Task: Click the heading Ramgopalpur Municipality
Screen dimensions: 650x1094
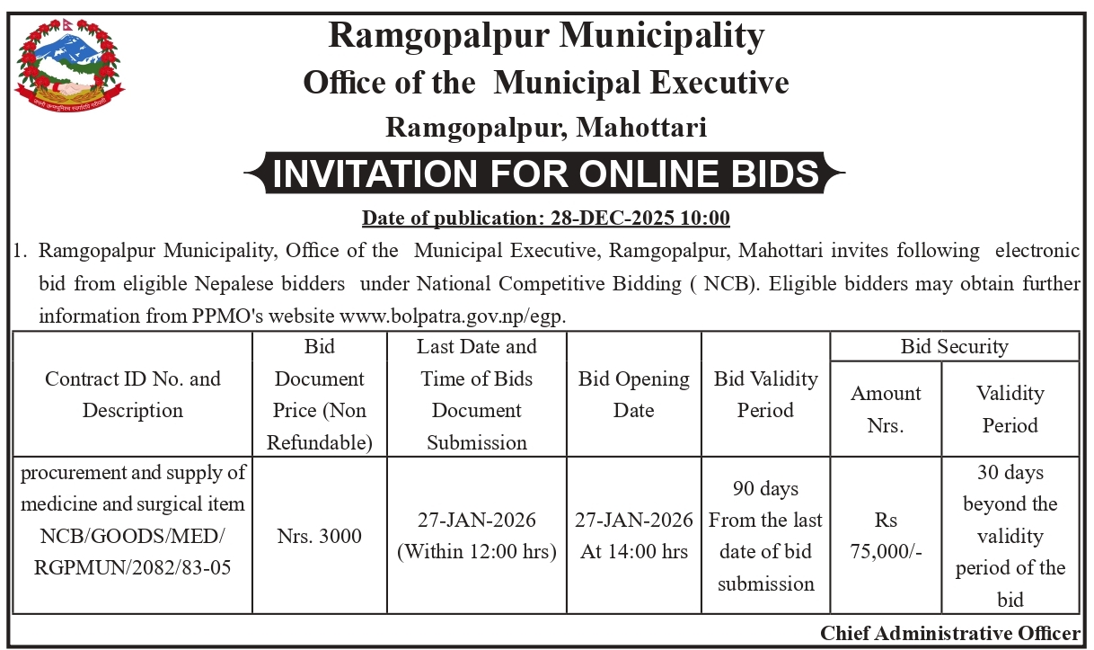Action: pos(546,36)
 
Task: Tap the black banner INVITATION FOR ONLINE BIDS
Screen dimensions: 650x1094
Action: pos(546,174)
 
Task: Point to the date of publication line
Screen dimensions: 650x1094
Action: pos(545,218)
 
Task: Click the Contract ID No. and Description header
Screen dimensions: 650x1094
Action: pos(133,395)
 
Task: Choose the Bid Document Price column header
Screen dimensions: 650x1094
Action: pos(319,395)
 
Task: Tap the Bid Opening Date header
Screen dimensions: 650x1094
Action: pos(633,395)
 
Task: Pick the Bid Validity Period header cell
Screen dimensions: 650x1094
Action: pos(765,395)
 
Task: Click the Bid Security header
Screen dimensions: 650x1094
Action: pos(954,346)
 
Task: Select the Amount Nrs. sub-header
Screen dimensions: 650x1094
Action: pos(886,409)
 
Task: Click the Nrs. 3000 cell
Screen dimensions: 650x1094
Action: pos(319,537)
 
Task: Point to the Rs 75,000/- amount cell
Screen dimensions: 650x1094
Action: pos(886,537)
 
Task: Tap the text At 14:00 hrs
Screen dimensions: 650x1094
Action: pos(633,552)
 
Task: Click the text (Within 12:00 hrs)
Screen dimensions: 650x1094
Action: pos(476,552)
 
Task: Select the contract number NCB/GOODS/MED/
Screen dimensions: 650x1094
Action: pos(133,537)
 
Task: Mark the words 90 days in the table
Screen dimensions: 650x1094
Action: pos(765,489)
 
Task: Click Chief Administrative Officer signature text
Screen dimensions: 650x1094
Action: pos(950,632)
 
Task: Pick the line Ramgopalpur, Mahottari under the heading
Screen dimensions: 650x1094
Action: pos(546,128)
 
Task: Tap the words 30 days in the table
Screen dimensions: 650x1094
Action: pos(1010,472)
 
